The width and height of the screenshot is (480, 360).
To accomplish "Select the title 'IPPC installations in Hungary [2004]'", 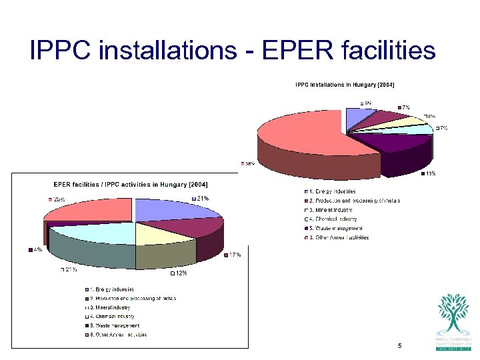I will (345, 85).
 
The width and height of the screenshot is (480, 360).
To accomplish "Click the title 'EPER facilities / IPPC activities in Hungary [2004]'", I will (131, 184).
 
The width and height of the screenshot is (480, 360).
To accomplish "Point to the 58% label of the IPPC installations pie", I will (249, 163).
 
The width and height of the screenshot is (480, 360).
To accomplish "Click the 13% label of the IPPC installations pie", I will (431, 175).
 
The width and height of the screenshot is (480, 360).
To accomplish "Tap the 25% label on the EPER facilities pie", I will (59, 199).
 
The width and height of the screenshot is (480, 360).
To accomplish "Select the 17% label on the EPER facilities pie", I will (235, 255).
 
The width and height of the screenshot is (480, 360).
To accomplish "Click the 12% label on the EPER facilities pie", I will (180, 273).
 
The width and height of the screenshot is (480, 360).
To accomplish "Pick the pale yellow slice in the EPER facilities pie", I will (160, 234).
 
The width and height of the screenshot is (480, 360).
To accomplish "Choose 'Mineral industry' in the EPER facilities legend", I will (111, 307).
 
